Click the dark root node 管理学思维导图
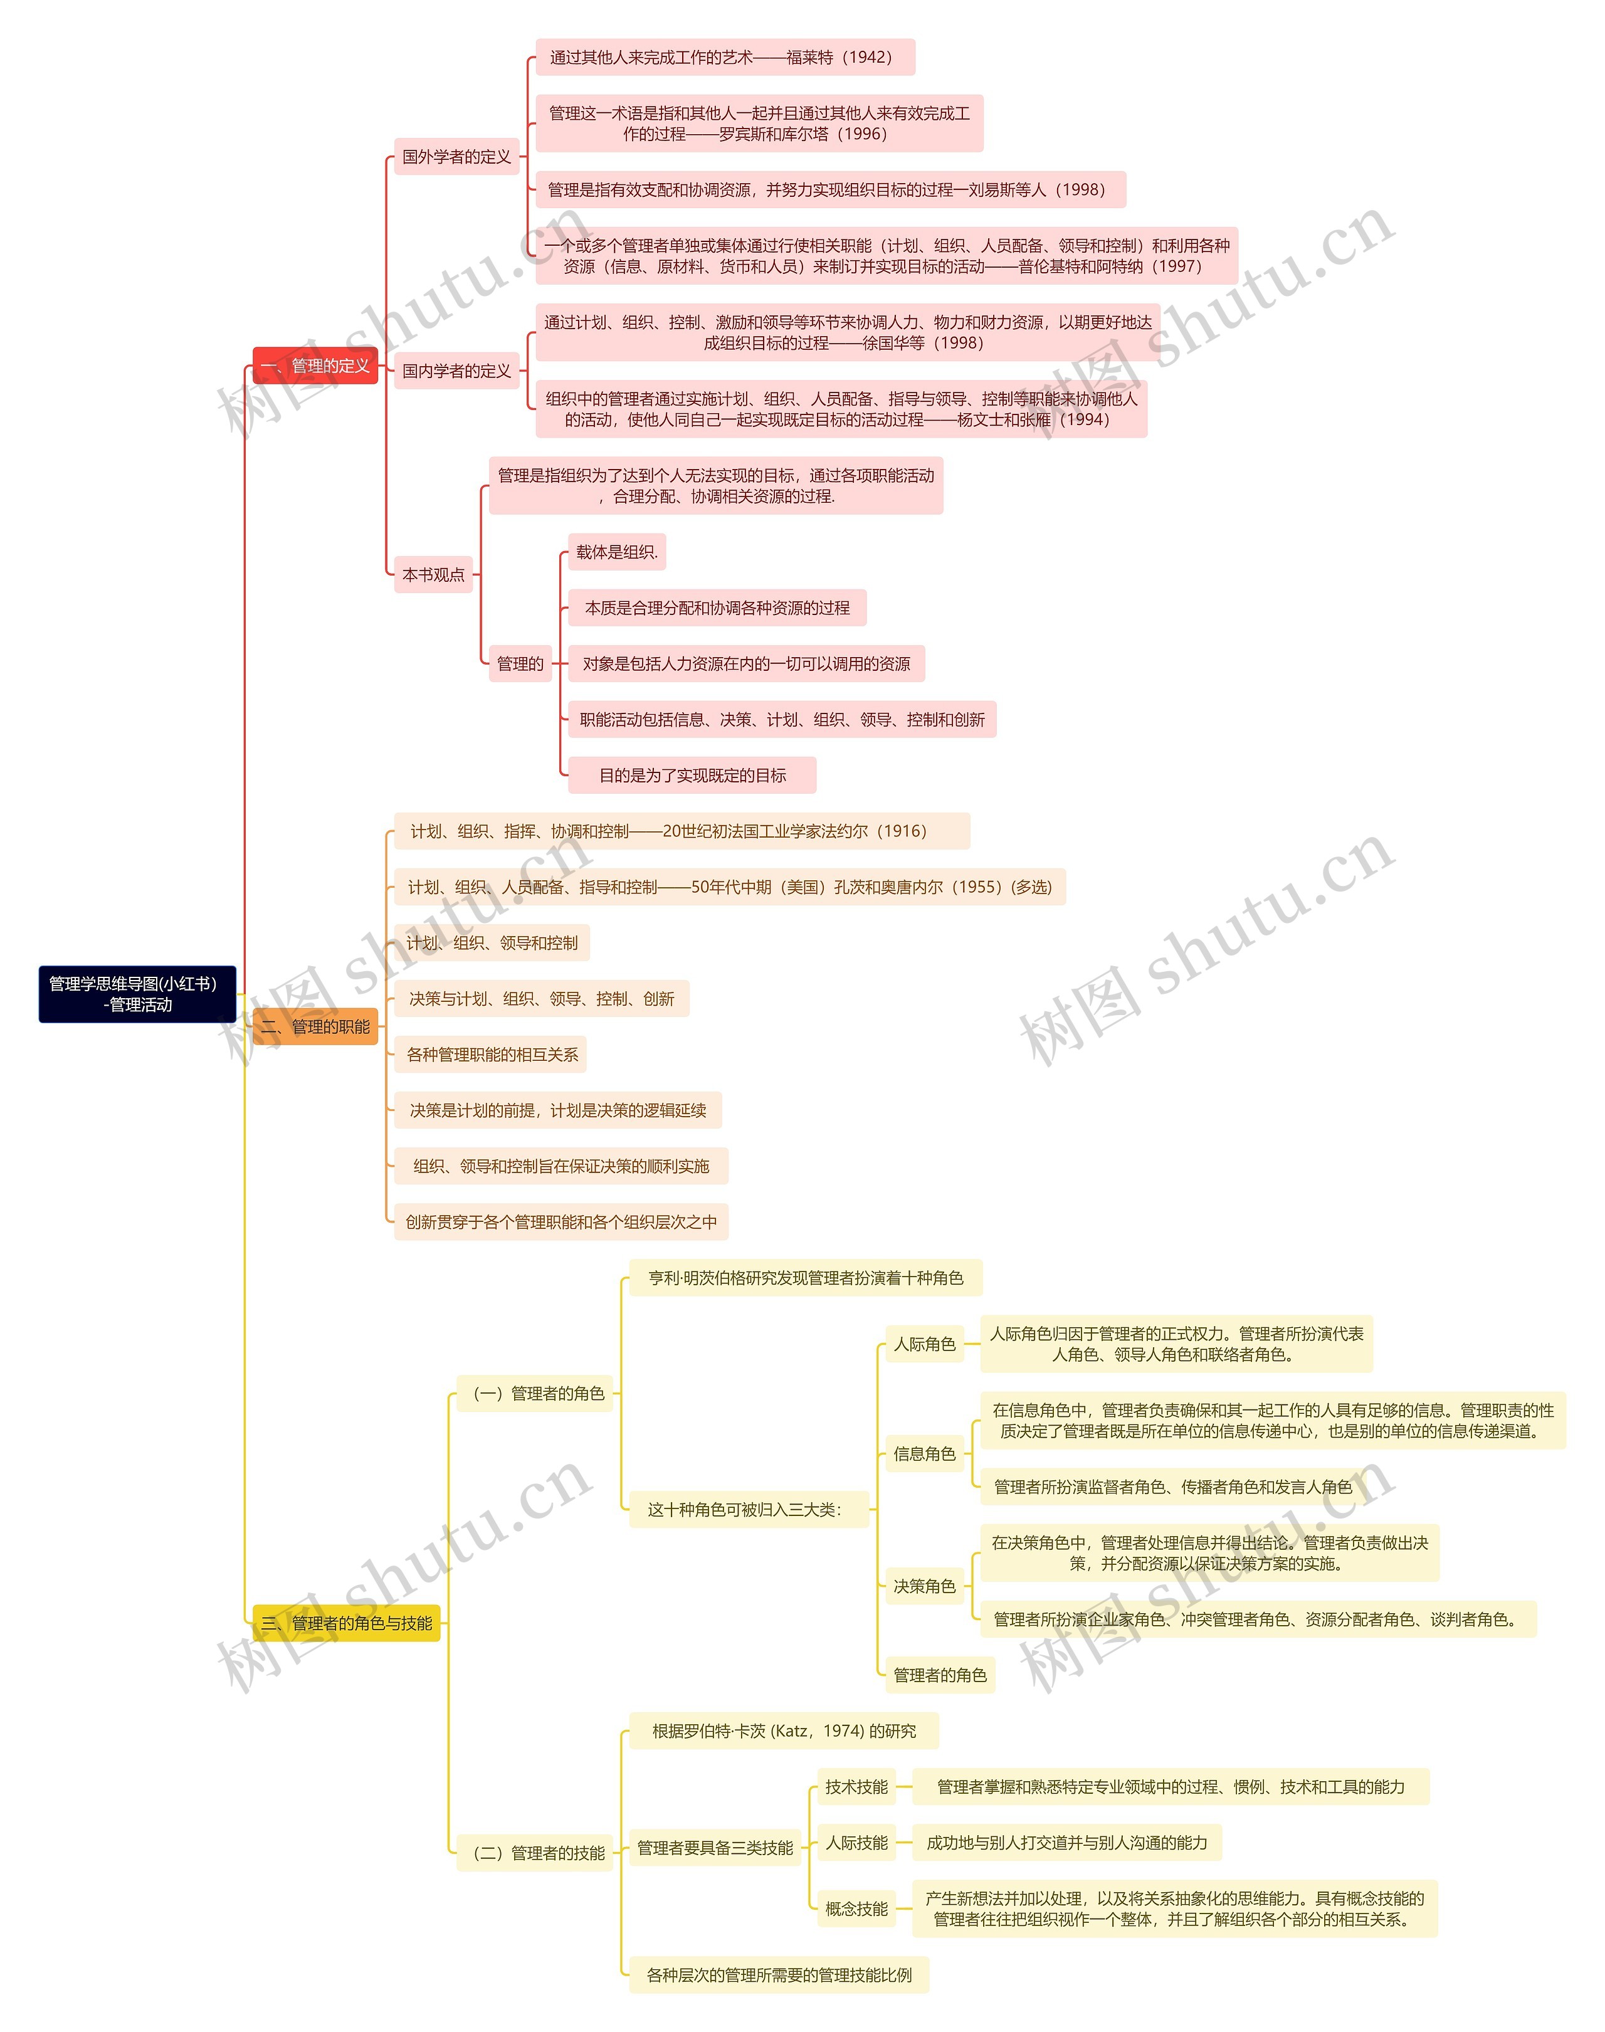tap(137, 994)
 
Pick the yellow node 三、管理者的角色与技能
tap(346, 1623)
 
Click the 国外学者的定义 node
tap(456, 157)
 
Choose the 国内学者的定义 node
tap(456, 371)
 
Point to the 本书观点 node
tap(433, 574)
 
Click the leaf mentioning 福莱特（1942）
tap(725, 57)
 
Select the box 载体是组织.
tap(616, 552)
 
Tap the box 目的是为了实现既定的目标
tap(693, 776)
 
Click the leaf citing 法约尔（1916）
tap(681, 831)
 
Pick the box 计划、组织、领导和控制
tap(492, 943)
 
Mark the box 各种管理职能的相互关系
tap(492, 1055)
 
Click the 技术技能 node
tap(856, 1787)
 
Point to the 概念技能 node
tap(856, 1909)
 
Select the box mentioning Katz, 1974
tap(784, 1731)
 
